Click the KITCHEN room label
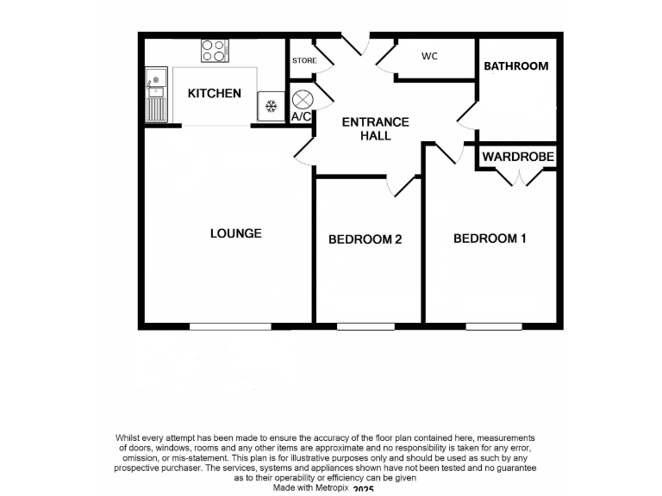point(215,93)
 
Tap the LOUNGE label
point(235,233)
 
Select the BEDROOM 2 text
point(365,239)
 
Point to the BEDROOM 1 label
point(490,239)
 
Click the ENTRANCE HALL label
point(375,129)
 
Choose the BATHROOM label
point(515,66)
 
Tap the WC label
point(430,57)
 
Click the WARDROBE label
point(517,157)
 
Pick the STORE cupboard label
point(304,61)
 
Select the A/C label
point(301,116)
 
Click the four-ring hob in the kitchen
point(215,51)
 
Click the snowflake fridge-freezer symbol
point(270,107)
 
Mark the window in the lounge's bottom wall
point(230,326)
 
